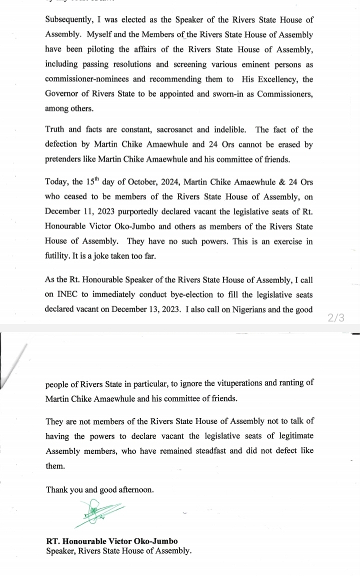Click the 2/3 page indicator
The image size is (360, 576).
(335, 317)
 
